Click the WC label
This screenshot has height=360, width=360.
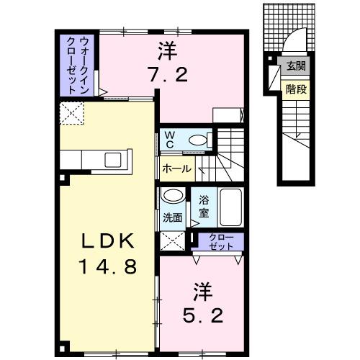click(x=169, y=139)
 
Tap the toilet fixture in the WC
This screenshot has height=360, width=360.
click(x=199, y=140)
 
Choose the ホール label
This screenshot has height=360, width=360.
click(x=176, y=169)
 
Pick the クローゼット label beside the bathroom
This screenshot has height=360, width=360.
click(x=222, y=242)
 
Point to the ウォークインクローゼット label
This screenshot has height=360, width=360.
click(x=75, y=65)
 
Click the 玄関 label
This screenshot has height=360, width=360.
click(x=295, y=66)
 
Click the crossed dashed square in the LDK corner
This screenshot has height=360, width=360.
click(x=73, y=112)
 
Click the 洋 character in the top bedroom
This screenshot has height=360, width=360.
click(x=167, y=50)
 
